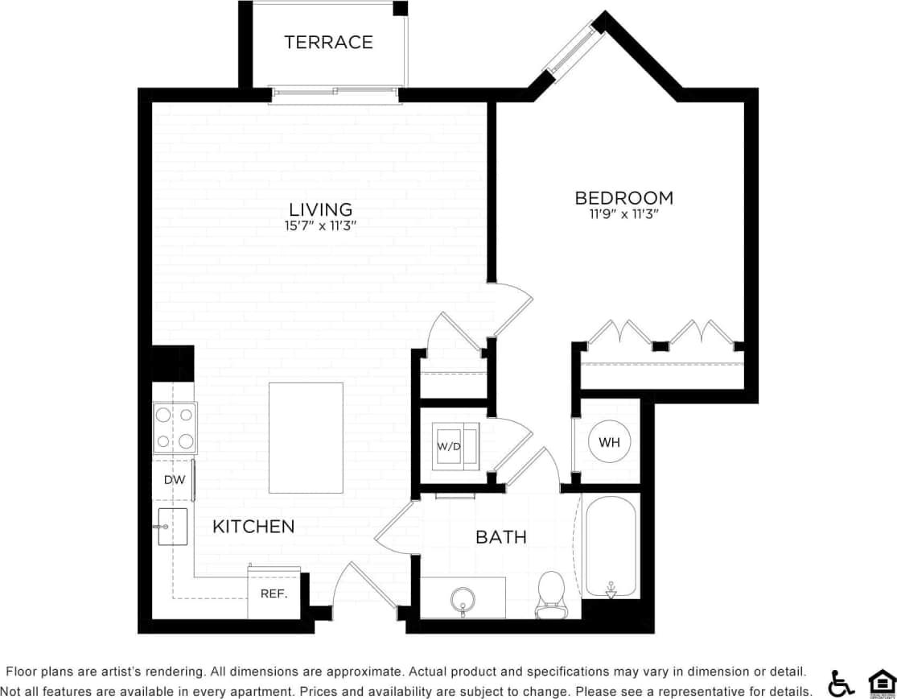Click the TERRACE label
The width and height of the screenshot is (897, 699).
click(328, 42)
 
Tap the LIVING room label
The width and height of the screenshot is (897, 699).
click(320, 209)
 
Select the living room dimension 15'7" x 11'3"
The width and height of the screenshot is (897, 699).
click(320, 226)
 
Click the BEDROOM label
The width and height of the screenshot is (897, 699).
click(623, 197)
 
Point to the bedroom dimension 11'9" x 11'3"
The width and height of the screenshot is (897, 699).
click(623, 214)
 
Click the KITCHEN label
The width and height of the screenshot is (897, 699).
click(253, 527)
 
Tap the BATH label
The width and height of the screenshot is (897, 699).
click(501, 536)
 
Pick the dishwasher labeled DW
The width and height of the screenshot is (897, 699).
click(174, 480)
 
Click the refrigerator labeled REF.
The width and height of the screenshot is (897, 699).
click(274, 594)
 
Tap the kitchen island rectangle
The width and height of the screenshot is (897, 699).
click(306, 438)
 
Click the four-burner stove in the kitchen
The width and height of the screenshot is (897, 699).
click(175, 428)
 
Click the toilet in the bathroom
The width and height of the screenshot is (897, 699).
click(551, 594)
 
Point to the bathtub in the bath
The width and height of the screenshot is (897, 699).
click(610, 548)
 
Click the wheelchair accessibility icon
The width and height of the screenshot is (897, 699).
click(841, 682)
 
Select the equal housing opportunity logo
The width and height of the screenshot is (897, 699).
click(882, 682)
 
